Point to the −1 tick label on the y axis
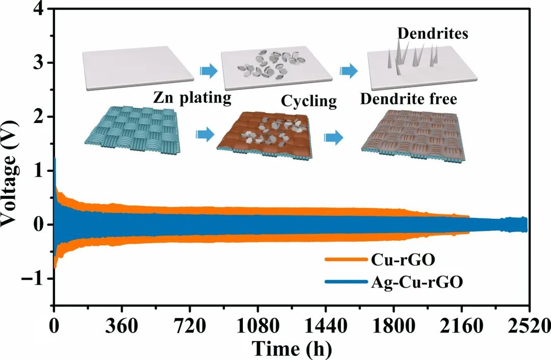point(34,278)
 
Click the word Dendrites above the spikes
point(433,34)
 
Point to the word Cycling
point(309,101)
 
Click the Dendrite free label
point(408,99)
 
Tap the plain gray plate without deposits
point(138,68)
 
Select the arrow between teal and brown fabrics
point(204,135)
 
